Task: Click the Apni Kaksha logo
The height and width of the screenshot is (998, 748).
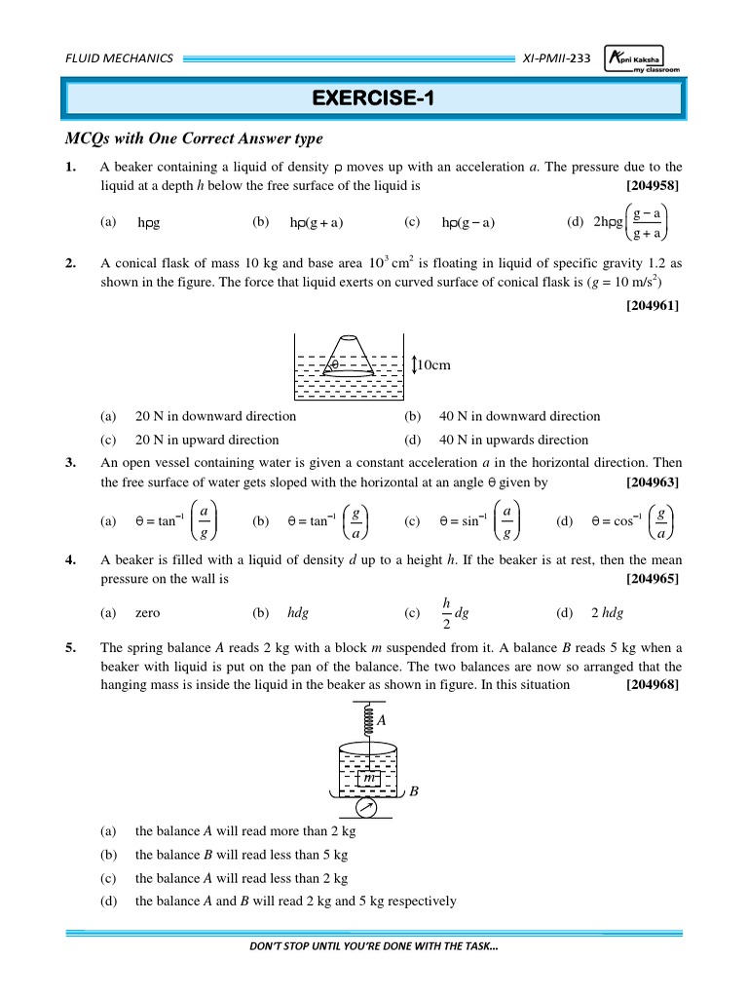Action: tap(643, 58)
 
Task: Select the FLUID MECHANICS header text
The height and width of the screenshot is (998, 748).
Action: tap(119, 58)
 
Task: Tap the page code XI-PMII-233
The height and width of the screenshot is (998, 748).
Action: tap(556, 58)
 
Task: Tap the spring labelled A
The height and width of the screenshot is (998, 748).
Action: tap(368, 720)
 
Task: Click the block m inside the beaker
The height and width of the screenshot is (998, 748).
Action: tap(368, 779)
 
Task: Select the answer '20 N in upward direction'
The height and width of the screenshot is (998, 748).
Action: tap(206, 440)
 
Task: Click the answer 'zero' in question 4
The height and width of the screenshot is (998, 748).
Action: tap(147, 613)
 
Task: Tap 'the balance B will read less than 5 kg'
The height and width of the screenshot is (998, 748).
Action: tap(242, 855)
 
